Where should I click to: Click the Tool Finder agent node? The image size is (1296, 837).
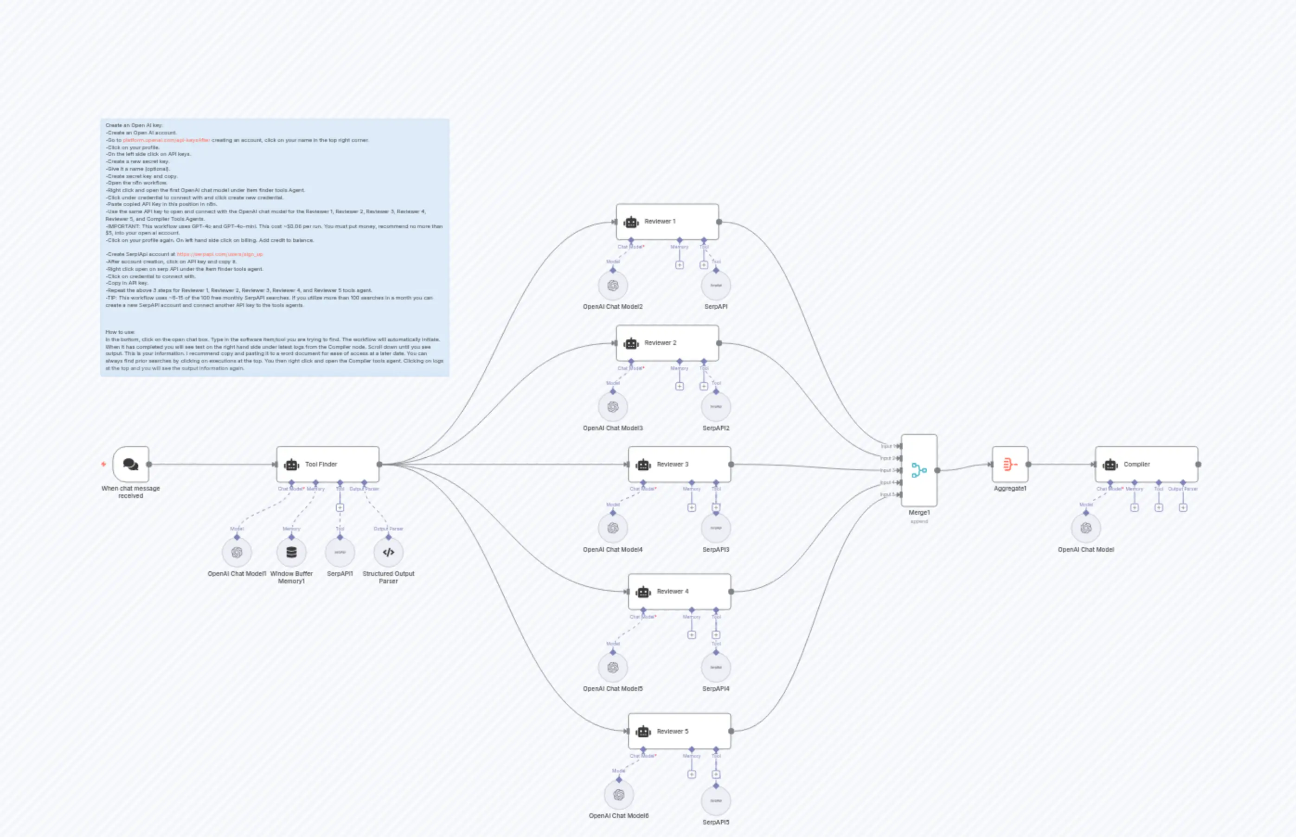tap(327, 464)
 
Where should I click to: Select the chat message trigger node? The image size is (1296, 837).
tap(130, 464)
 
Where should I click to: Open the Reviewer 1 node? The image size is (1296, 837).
tap(667, 222)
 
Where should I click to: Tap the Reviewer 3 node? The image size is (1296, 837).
tap(679, 464)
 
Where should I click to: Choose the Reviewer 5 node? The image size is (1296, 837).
tap(679, 731)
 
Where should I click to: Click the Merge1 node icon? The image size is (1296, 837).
tap(919, 470)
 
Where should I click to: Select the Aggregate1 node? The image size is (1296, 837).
tap(1009, 464)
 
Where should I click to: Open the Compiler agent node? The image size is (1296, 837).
tap(1146, 464)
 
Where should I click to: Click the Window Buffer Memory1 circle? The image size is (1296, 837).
tap(291, 552)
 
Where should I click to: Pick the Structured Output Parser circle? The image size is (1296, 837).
tap(388, 552)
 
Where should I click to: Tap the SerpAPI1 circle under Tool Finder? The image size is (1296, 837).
tap(340, 552)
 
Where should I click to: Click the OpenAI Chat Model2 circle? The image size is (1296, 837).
tap(613, 285)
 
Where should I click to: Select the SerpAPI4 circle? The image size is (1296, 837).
tap(715, 667)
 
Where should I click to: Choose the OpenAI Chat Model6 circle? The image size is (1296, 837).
tap(619, 795)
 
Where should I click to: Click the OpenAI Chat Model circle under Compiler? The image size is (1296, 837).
tap(1085, 528)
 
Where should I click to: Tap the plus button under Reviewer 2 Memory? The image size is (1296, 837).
tap(679, 386)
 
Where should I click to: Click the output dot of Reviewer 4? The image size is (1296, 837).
tap(731, 591)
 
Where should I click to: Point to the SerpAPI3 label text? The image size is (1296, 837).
tap(715, 549)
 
